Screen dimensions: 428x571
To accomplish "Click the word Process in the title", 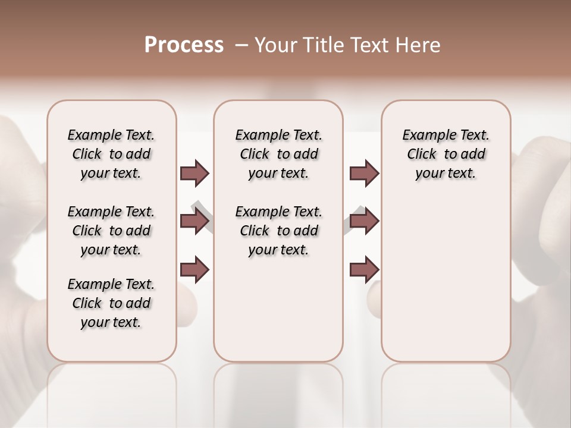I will point(184,45).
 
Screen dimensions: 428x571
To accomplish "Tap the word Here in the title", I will point(418,45).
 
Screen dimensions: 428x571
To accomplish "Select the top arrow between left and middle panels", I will point(194,173).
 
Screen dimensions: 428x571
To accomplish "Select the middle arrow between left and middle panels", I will point(194,221).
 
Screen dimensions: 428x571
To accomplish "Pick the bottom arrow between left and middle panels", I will point(194,270).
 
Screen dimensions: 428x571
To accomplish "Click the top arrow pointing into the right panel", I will point(364,173).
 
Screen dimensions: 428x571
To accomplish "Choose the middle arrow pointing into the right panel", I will point(364,221).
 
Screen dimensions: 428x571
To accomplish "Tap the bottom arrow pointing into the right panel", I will point(364,270).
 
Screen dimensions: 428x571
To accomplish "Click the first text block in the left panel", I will point(111,154).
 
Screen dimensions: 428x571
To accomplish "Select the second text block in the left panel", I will point(111,231).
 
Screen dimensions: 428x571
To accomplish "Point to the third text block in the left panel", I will point(111,303).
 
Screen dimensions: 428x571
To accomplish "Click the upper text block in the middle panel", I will point(278,154).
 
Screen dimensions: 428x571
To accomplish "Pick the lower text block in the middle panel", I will point(278,231).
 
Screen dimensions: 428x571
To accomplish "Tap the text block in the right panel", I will point(445,154).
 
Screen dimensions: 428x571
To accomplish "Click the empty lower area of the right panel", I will point(445,279).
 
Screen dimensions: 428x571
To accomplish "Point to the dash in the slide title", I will point(241,45).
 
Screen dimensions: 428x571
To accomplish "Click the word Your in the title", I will point(277,45).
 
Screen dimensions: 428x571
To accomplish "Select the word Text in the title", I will point(371,45).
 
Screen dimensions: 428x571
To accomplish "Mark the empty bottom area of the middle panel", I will point(278,315).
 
